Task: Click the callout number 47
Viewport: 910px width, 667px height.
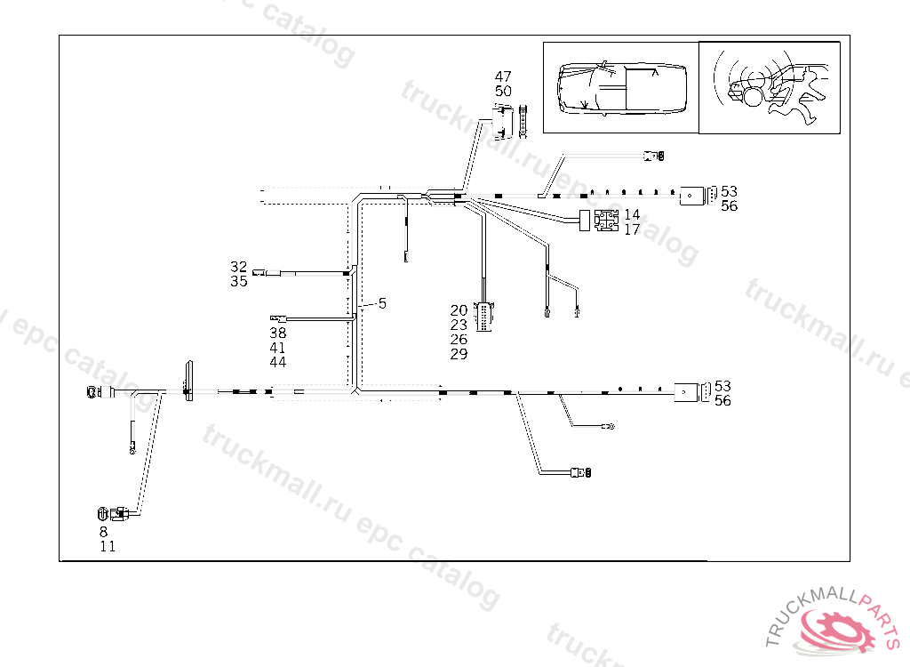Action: [x=503, y=76]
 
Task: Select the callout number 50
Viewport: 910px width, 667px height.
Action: [x=503, y=91]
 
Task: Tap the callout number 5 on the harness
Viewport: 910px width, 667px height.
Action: [x=382, y=303]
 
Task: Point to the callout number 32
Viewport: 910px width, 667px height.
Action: [x=239, y=267]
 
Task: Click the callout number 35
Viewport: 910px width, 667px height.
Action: [x=239, y=281]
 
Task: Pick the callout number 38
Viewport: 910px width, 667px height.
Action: [x=278, y=333]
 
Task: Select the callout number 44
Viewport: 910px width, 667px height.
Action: [x=278, y=362]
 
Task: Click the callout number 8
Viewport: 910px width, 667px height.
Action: [x=103, y=532]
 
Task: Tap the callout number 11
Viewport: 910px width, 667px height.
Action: [x=108, y=547]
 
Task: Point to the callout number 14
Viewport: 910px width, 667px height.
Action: [x=632, y=214]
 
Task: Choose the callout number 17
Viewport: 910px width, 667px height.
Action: [x=632, y=229]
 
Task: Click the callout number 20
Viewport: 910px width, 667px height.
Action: [x=459, y=310]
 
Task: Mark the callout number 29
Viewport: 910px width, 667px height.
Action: [x=459, y=354]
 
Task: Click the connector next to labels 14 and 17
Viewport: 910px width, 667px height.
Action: [x=606, y=221]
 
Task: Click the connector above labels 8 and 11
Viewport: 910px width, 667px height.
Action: [x=103, y=512]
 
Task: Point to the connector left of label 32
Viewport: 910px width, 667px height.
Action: [x=259, y=273]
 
